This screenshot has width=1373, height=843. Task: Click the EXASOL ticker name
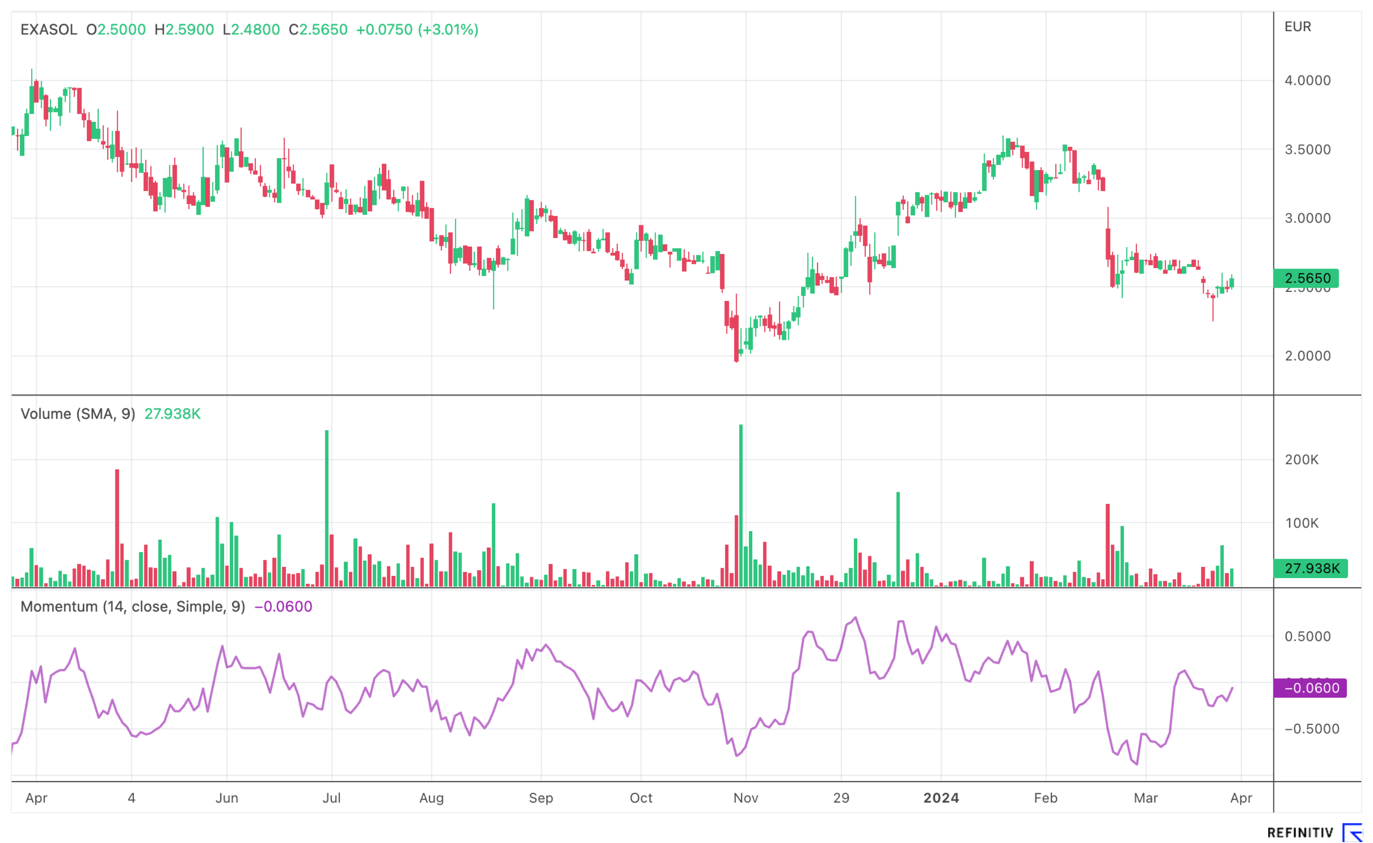pyautogui.click(x=49, y=30)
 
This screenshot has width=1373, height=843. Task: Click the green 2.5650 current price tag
pyautogui.click(x=1307, y=278)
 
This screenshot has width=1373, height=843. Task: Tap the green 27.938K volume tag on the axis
pyautogui.click(x=1311, y=568)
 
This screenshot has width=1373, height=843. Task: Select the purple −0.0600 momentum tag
pyautogui.click(x=1311, y=688)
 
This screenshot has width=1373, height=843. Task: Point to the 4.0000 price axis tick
pyautogui.click(x=1307, y=80)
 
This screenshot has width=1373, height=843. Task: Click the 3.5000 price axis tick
pyautogui.click(x=1307, y=150)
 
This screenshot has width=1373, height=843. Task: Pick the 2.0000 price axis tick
pyautogui.click(x=1307, y=356)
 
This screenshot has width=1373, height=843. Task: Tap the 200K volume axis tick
pyautogui.click(x=1301, y=460)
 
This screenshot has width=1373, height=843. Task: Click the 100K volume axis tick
pyautogui.click(x=1301, y=523)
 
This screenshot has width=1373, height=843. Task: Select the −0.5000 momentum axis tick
pyautogui.click(x=1311, y=729)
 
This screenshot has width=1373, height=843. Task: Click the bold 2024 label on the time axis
pyautogui.click(x=941, y=798)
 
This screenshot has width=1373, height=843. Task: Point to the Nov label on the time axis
pyautogui.click(x=745, y=798)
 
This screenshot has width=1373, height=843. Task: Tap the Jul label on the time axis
pyautogui.click(x=331, y=798)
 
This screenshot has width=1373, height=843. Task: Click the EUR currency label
pyautogui.click(x=1297, y=27)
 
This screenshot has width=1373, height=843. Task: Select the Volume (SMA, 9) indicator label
pyautogui.click(x=78, y=414)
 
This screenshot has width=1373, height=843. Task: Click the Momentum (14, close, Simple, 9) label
pyautogui.click(x=133, y=607)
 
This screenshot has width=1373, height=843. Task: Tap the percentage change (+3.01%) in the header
pyautogui.click(x=448, y=30)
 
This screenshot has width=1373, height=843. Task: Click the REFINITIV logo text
pyautogui.click(x=1300, y=833)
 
